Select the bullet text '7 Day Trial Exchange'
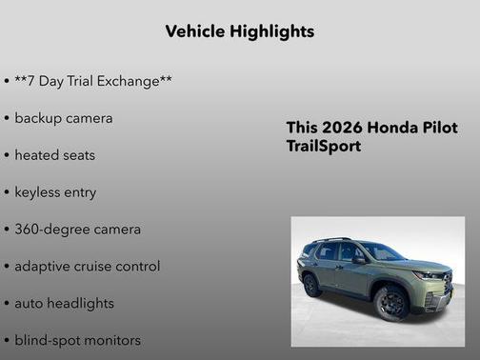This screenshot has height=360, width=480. (92, 81)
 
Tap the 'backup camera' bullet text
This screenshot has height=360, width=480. (63, 118)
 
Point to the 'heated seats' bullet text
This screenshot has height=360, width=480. (54, 154)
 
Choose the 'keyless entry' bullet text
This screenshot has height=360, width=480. (55, 191)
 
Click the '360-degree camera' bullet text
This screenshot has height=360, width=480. (77, 229)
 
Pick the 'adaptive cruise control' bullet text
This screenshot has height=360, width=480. (87, 266)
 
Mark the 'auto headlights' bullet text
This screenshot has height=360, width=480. (64, 303)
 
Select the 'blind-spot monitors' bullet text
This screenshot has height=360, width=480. (77, 340)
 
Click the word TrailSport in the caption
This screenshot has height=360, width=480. (324, 147)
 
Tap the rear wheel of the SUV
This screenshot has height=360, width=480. (311, 284)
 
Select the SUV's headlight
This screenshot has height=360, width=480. (430, 275)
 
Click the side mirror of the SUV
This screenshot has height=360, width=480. (358, 259)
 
